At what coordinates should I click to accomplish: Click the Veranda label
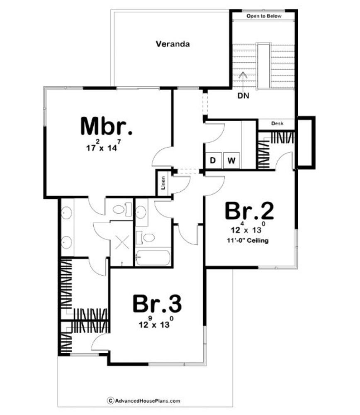click(173, 44)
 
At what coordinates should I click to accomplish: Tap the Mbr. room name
click(106, 126)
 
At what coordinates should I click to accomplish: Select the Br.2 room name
click(249, 211)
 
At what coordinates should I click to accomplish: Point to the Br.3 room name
click(157, 303)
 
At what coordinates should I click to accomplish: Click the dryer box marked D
click(213, 160)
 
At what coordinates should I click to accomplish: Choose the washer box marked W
click(231, 160)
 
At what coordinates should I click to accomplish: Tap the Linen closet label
click(163, 183)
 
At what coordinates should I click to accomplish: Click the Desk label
click(277, 123)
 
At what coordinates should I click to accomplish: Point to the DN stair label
click(243, 95)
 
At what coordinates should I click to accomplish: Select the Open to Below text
click(264, 16)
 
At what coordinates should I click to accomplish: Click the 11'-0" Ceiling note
click(248, 241)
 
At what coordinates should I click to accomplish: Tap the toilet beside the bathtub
click(146, 238)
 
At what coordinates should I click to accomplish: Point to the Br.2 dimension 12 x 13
click(248, 227)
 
